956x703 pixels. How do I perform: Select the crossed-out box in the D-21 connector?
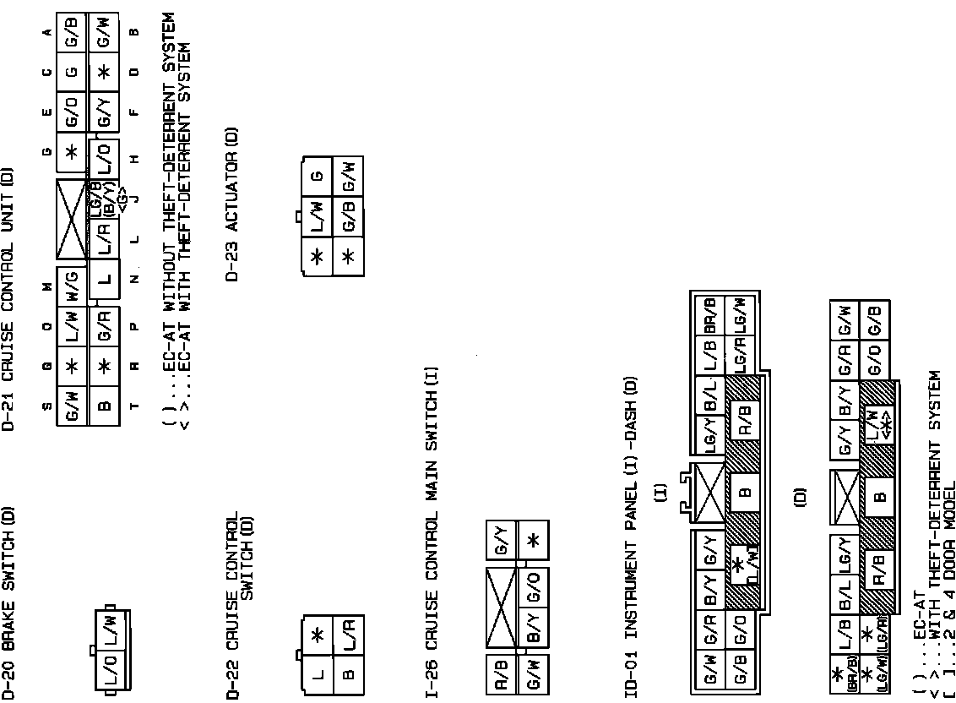(72, 219)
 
